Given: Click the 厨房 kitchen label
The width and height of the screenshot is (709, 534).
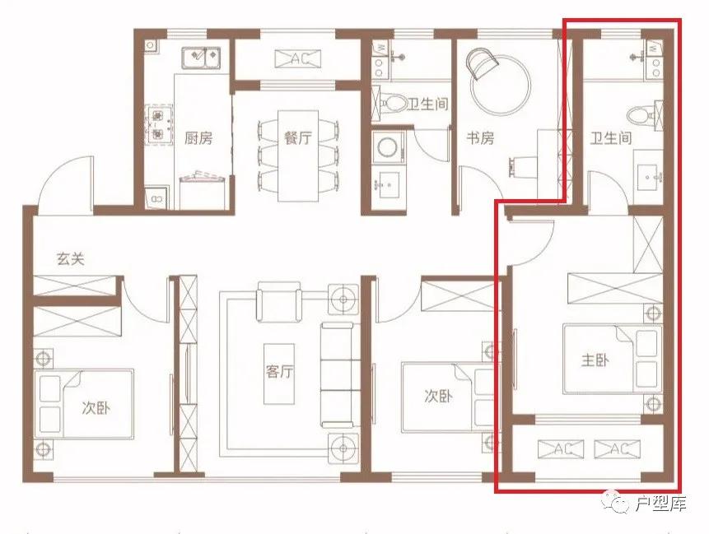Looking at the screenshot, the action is click(198, 137).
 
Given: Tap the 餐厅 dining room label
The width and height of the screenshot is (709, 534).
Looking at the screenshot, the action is click(298, 137).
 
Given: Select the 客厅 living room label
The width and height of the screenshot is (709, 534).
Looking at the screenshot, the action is click(279, 372).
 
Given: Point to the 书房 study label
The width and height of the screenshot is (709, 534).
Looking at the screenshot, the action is click(480, 137).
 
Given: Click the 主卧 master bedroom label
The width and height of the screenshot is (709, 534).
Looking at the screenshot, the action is click(595, 360).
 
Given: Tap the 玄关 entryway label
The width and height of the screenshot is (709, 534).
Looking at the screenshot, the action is click(71, 259).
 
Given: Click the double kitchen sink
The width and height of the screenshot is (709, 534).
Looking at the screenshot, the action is click(201, 58).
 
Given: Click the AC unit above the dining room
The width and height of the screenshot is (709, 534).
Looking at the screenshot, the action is click(297, 58).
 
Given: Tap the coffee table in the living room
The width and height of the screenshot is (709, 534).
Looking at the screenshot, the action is click(279, 374).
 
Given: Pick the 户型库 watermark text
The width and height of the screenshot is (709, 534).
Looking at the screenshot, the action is click(660, 504).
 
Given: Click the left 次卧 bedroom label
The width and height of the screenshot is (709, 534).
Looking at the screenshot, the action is click(96, 408).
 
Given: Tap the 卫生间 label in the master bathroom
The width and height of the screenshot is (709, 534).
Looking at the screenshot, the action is click(611, 137).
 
